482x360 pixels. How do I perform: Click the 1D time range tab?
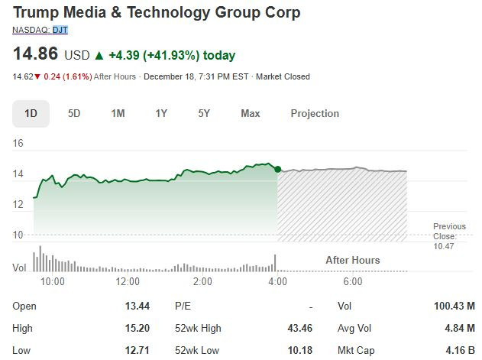point(31,113)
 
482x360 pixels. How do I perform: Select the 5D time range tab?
point(74,113)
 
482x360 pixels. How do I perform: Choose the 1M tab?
point(118,113)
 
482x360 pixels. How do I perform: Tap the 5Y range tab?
point(204,113)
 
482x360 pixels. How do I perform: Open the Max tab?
point(250,113)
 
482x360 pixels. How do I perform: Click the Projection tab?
point(315,113)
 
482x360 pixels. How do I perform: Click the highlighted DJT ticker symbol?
point(60,30)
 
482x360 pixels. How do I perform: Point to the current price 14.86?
point(36,55)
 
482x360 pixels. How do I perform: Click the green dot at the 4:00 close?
point(277,169)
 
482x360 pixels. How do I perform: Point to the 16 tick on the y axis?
point(18,143)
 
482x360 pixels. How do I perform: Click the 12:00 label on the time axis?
point(128,281)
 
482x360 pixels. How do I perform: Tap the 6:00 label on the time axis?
point(352,281)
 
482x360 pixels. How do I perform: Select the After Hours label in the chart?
point(352,260)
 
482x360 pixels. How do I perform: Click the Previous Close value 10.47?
point(444,245)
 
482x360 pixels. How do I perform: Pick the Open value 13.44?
point(137,306)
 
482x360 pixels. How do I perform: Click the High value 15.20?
point(137,328)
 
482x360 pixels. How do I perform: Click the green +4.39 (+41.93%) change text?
point(172,55)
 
